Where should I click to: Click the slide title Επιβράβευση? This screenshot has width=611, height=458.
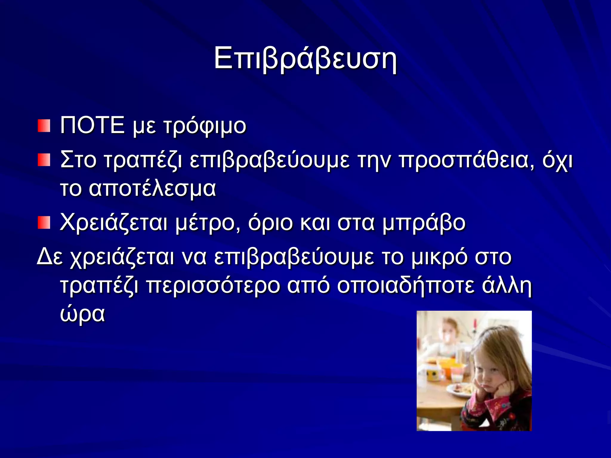pos(305,59)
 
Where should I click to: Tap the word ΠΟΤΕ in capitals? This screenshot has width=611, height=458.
pos(92,126)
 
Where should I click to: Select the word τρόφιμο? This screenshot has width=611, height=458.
pos(205,126)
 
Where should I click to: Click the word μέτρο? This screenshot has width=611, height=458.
pos(208,223)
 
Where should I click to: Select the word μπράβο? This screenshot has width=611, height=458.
pos(424,223)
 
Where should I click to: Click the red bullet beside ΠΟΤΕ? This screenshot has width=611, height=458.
pos(44,126)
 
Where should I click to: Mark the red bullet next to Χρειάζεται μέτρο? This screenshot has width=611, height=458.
pos(44,223)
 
